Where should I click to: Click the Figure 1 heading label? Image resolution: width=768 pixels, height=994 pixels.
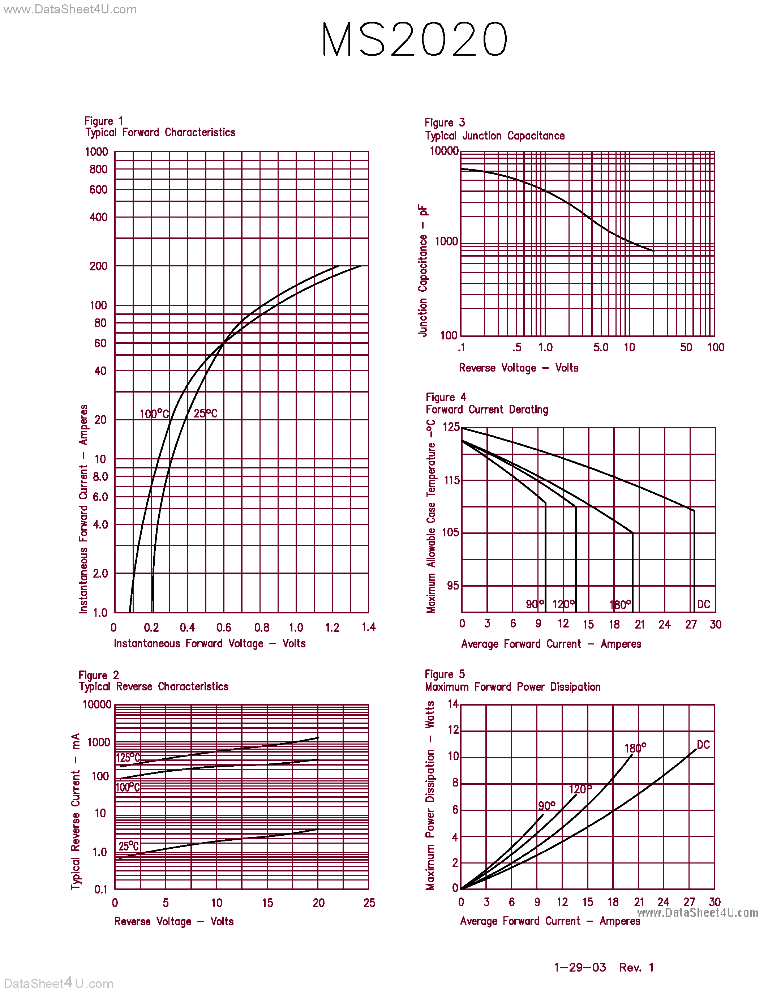click(x=103, y=121)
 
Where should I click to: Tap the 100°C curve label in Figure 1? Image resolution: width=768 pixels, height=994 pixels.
click(x=154, y=414)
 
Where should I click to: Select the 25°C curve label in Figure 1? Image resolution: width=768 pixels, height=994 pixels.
click(x=205, y=413)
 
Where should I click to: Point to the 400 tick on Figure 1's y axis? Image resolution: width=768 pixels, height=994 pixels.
click(x=99, y=217)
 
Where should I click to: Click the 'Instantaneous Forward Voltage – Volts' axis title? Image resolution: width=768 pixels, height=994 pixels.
click(x=209, y=643)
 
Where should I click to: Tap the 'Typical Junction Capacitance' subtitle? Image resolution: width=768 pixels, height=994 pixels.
click(x=494, y=136)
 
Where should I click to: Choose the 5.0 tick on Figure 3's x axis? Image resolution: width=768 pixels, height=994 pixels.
click(x=601, y=348)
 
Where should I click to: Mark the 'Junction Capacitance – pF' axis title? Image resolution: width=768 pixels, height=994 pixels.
click(x=423, y=271)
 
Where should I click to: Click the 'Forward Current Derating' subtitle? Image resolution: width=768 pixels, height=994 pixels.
click(x=487, y=410)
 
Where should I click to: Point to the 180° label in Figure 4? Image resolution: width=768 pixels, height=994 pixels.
click(x=620, y=605)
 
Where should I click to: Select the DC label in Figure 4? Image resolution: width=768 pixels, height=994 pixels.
click(x=703, y=604)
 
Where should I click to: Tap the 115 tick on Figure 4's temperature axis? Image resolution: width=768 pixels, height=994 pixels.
click(x=451, y=480)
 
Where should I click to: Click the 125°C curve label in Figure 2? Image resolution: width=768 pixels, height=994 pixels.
click(x=128, y=758)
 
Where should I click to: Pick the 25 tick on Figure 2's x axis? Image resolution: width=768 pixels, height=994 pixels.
click(x=369, y=903)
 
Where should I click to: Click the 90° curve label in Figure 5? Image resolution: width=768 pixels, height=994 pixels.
click(x=546, y=806)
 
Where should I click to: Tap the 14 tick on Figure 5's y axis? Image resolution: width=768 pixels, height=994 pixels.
click(x=453, y=704)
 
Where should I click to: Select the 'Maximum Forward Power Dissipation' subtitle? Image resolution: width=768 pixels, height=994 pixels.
click(x=512, y=687)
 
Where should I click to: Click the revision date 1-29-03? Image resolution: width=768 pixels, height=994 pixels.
click(x=580, y=967)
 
